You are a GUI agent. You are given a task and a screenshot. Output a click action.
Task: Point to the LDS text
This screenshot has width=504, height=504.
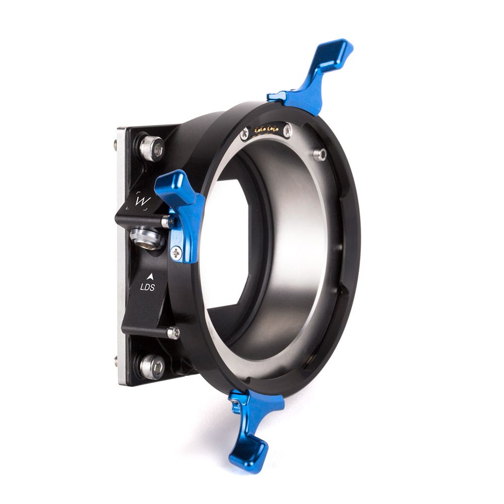tap(147, 287)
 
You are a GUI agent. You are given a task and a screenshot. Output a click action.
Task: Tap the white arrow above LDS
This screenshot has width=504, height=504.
tap(150, 277)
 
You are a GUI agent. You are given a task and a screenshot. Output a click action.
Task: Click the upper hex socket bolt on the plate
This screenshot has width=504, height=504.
tap(152, 148)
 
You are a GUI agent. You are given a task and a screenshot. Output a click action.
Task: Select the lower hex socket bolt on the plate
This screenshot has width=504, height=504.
tap(152, 367)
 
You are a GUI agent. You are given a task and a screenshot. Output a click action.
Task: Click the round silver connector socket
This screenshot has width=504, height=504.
tap(147, 238)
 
